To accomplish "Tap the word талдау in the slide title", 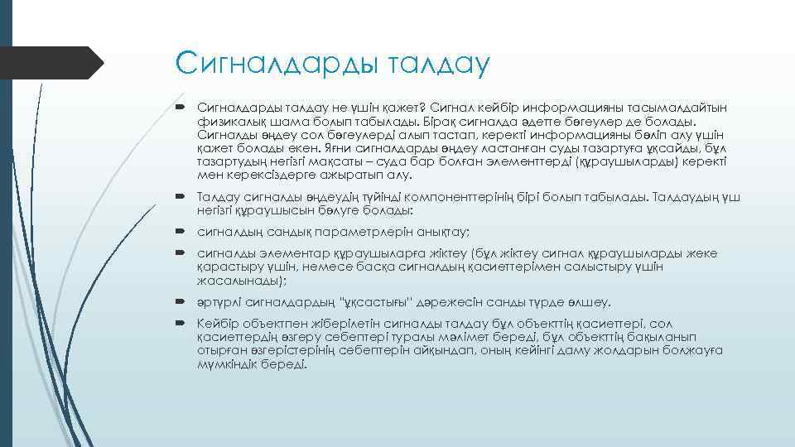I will (x=427, y=64).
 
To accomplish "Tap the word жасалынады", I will (x=235, y=280).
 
